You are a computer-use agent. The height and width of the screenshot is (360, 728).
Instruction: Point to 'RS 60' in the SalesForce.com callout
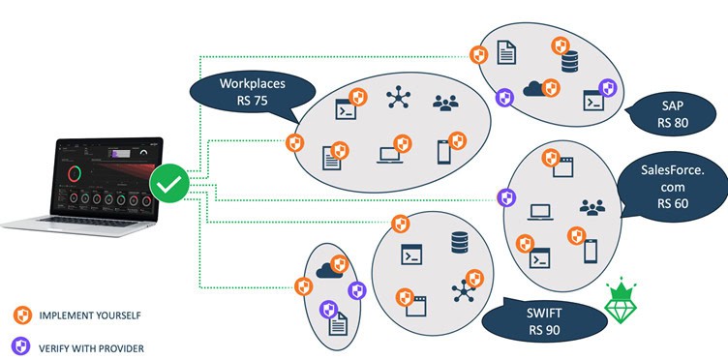pos(671,204)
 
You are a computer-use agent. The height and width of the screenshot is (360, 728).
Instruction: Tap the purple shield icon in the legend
pos(22,345)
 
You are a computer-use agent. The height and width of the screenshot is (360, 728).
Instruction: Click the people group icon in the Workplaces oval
pos(445,101)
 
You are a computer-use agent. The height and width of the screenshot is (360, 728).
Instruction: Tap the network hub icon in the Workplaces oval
pos(397,98)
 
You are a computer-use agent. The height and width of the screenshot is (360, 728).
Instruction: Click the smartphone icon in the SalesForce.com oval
pos(590,252)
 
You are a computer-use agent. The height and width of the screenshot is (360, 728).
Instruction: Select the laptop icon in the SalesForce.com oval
pos(540,210)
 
